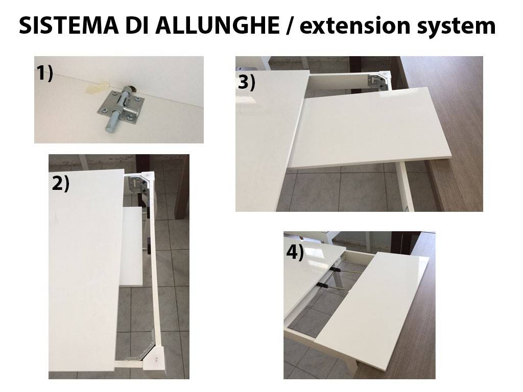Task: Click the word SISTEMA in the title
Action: (x=69, y=26)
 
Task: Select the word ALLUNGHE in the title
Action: (x=218, y=26)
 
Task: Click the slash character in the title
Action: (x=290, y=26)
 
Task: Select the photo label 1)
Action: (x=45, y=73)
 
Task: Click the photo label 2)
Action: (x=60, y=184)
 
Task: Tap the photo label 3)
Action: (x=247, y=82)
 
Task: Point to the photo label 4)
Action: (x=295, y=252)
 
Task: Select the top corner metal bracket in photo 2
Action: (x=137, y=184)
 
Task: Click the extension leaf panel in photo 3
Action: (x=370, y=128)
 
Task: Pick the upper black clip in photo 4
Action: (x=336, y=268)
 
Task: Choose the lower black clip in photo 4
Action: (x=323, y=285)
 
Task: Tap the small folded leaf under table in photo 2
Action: (x=131, y=246)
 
